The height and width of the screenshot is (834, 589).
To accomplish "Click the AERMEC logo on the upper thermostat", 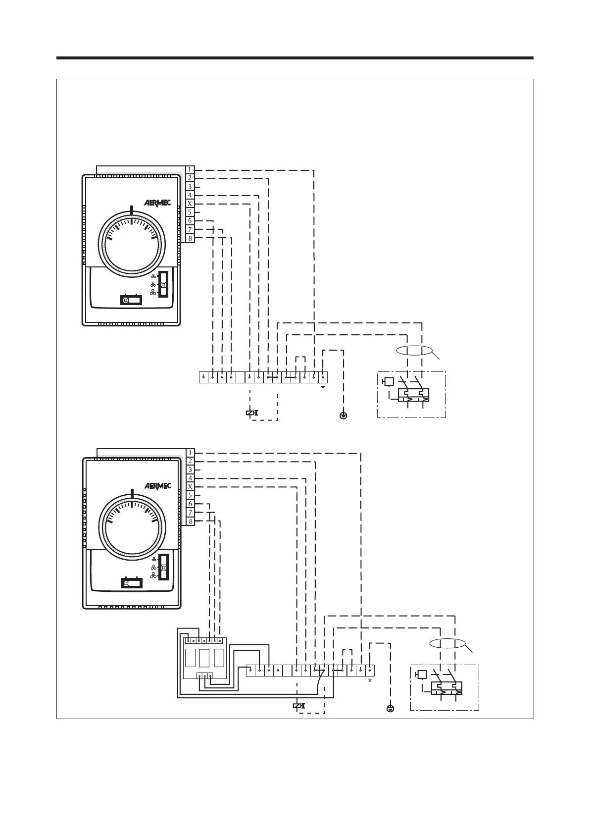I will click(157, 203).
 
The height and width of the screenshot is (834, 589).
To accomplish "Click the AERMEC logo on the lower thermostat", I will click(157, 486).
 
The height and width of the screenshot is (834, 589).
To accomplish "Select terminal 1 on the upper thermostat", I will click(190, 170).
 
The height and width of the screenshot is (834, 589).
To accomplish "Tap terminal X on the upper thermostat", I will click(190, 204).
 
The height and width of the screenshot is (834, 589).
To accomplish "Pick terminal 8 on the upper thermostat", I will click(190, 239).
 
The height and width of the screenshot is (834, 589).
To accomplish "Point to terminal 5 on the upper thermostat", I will click(190, 212).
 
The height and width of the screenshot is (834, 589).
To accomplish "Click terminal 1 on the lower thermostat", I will click(190, 453).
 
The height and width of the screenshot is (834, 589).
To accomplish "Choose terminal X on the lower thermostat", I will click(190, 487).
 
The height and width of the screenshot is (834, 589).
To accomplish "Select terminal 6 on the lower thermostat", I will click(190, 504).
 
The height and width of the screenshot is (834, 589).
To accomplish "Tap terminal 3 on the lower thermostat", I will click(190, 469).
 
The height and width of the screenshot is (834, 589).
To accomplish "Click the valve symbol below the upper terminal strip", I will click(251, 413).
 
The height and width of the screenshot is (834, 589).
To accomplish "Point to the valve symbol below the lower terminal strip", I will click(298, 706).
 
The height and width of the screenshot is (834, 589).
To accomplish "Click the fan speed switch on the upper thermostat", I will click(163, 284).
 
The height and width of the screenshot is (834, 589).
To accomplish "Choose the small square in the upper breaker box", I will click(389, 381).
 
